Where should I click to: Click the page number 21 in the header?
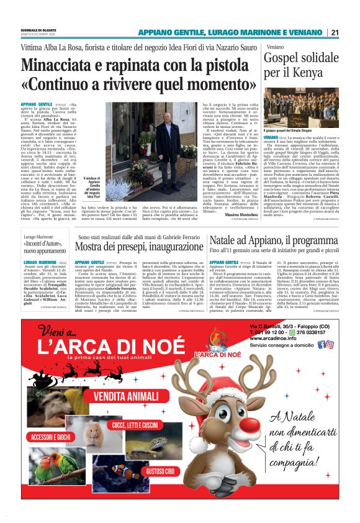(x=335, y=32)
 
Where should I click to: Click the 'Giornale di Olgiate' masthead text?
(x=38, y=29)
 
